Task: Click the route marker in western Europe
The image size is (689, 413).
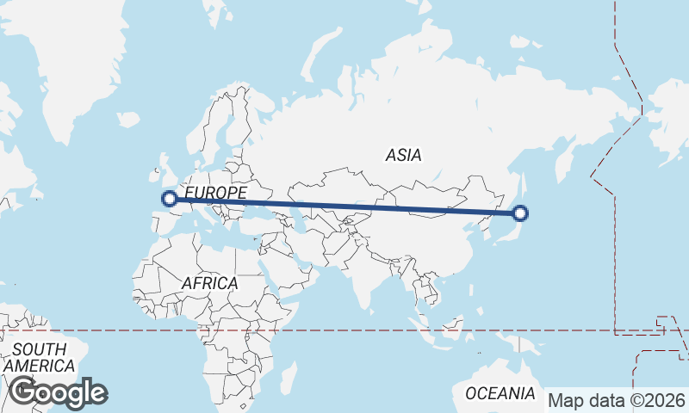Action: point(170,199)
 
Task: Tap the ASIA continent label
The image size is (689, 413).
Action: point(403,156)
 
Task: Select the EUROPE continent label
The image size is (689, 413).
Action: point(216,192)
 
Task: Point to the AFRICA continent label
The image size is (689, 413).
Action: point(209,282)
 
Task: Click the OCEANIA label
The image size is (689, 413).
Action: point(500,393)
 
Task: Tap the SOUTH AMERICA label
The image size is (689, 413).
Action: point(38,357)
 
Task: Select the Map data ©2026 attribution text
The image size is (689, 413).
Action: point(617,400)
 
